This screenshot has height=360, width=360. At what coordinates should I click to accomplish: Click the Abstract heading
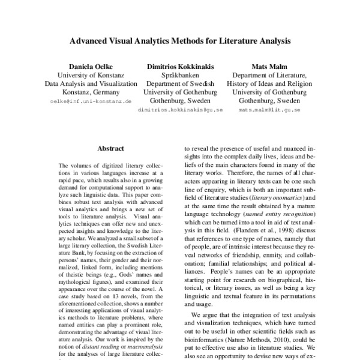pos(110,148)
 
